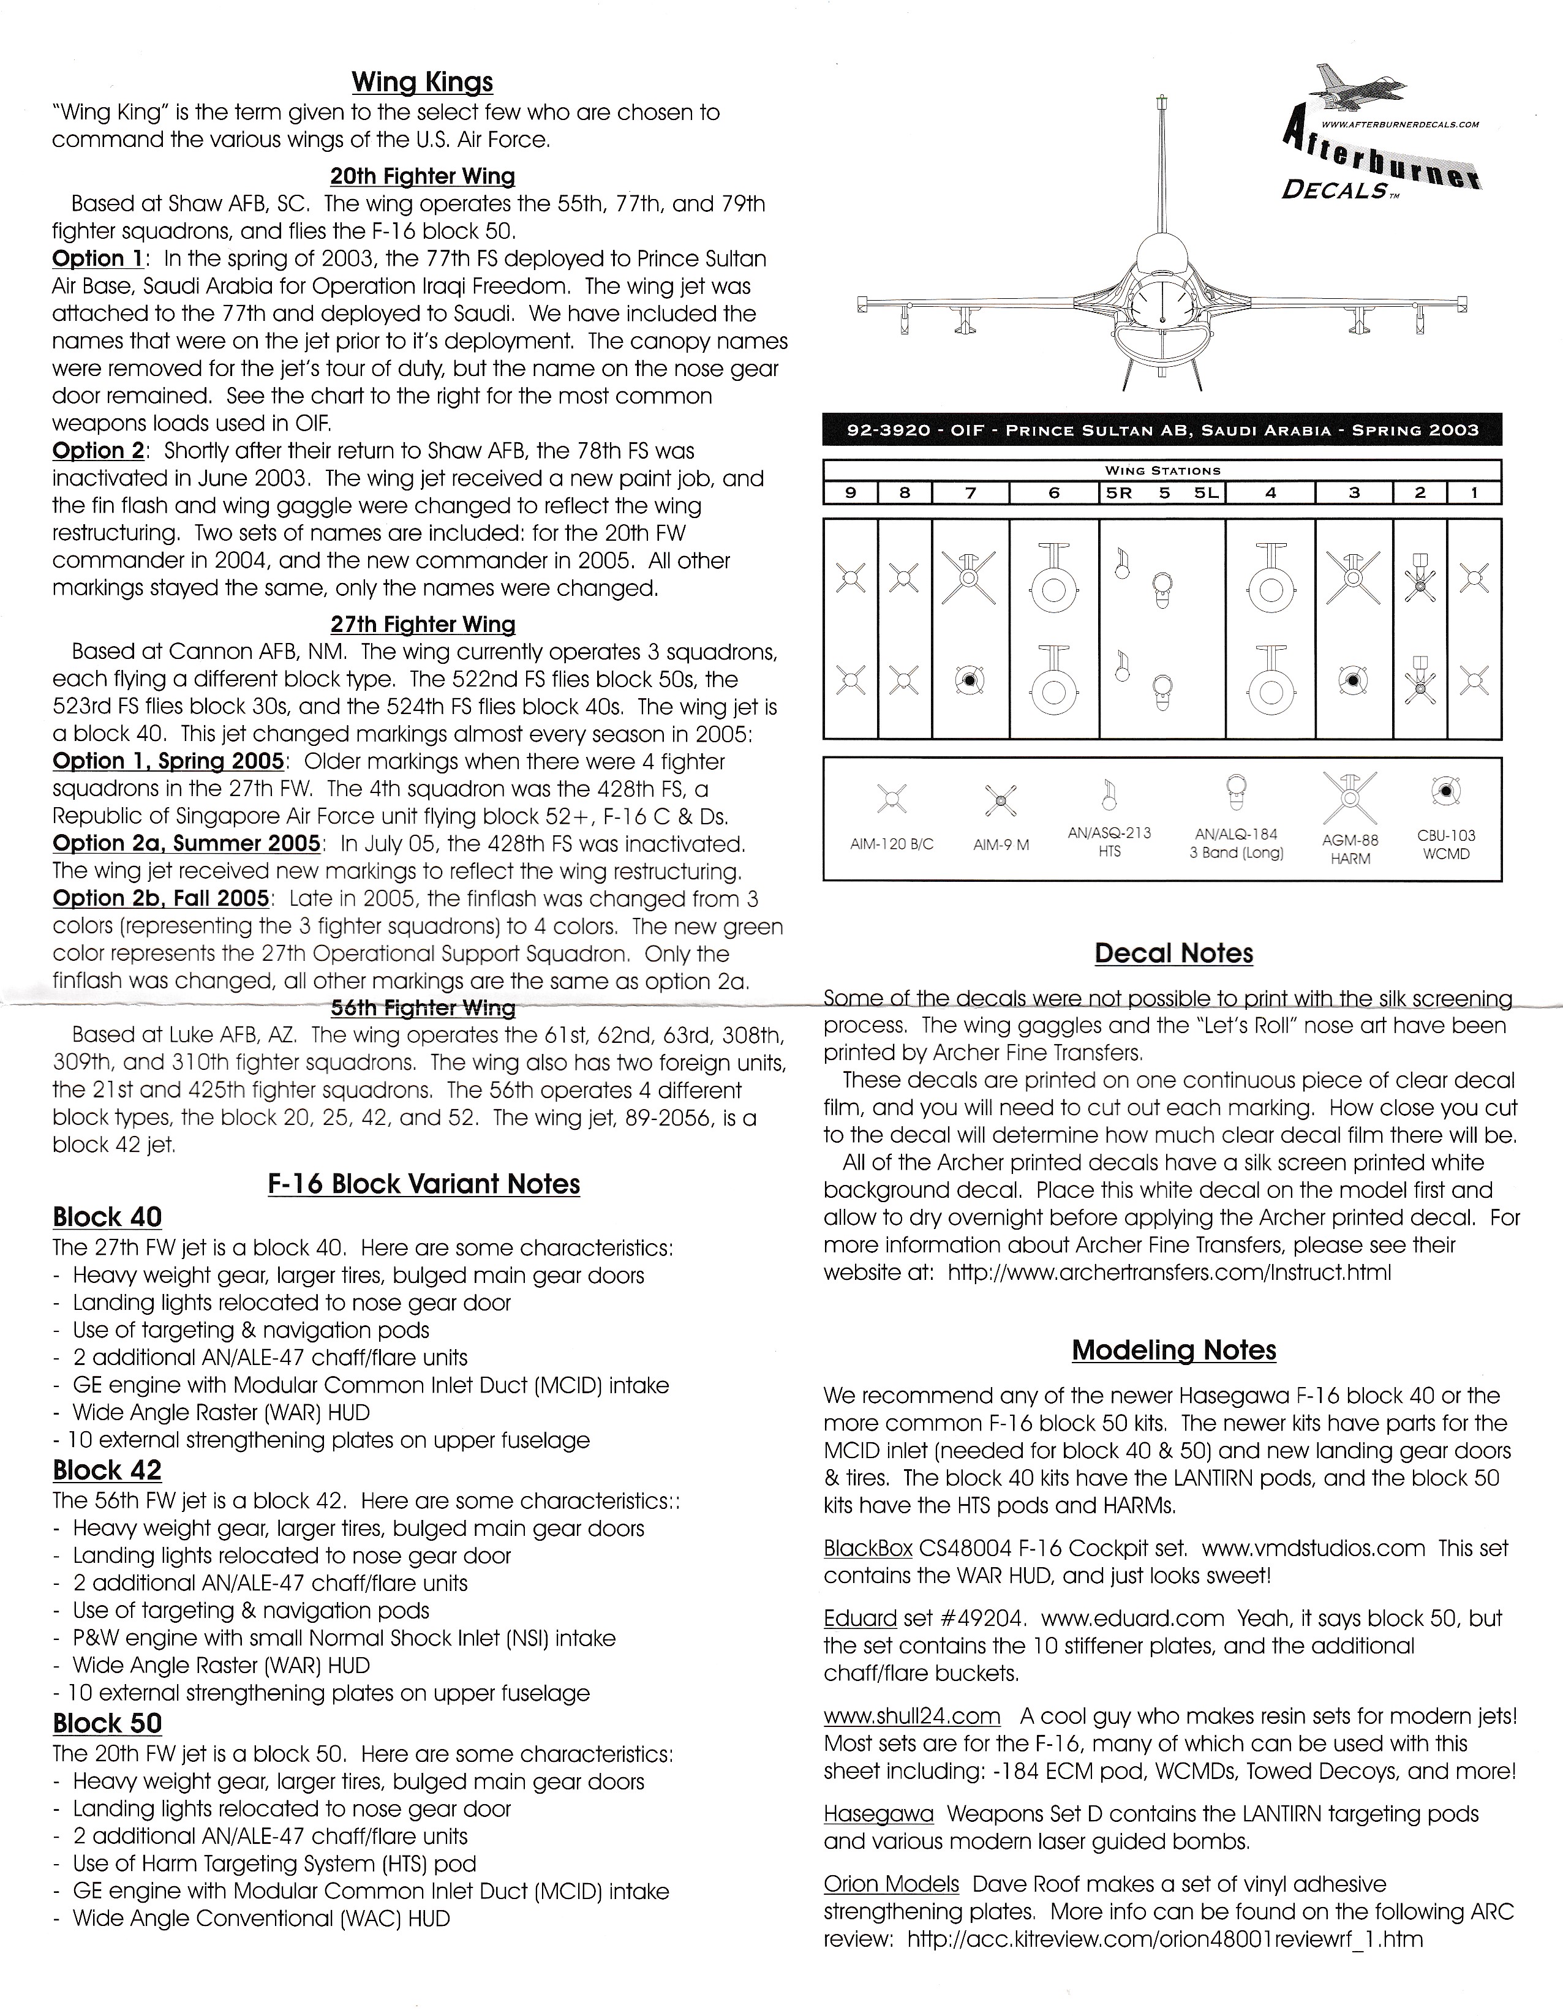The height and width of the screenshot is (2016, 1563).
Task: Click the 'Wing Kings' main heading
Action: pos(422,82)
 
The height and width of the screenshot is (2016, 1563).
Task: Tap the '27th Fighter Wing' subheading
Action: pos(422,624)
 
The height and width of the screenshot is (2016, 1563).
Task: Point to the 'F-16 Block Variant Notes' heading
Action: pos(424,1184)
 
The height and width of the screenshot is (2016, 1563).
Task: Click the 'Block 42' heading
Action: pos(107,1470)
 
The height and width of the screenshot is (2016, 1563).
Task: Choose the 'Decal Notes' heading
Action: pos(1173,953)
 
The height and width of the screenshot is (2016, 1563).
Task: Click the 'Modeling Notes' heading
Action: pos(1173,1350)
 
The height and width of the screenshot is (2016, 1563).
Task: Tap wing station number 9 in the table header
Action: pos(850,493)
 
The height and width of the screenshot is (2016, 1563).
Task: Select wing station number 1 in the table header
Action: pos(1474,493)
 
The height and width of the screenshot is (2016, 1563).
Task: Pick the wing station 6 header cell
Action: pos(1054,493)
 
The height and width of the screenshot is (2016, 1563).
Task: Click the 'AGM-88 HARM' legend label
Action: pos(1350,849)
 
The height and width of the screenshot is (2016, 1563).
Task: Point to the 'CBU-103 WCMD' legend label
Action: pos(1446,844)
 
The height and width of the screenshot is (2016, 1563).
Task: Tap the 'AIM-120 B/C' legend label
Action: pos(891,844)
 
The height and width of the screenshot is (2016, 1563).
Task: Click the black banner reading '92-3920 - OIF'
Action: pos(1161,430)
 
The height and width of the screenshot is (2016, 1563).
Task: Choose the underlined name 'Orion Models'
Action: pos(891,1884)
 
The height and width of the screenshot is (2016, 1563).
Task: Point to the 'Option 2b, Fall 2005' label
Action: pos(160,898)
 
